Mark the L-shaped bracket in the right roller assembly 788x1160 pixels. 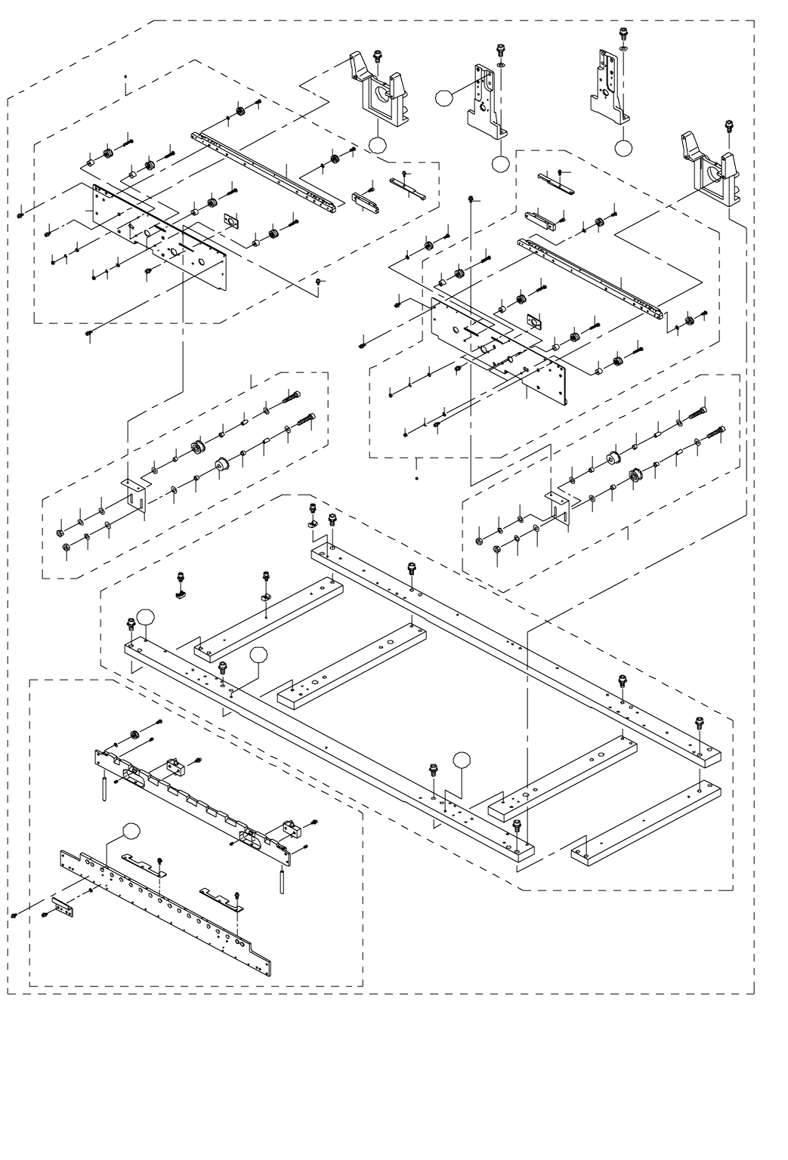[559, 509]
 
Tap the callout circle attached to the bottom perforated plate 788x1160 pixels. [131, 831]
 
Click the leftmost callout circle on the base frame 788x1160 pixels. [144, 617]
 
